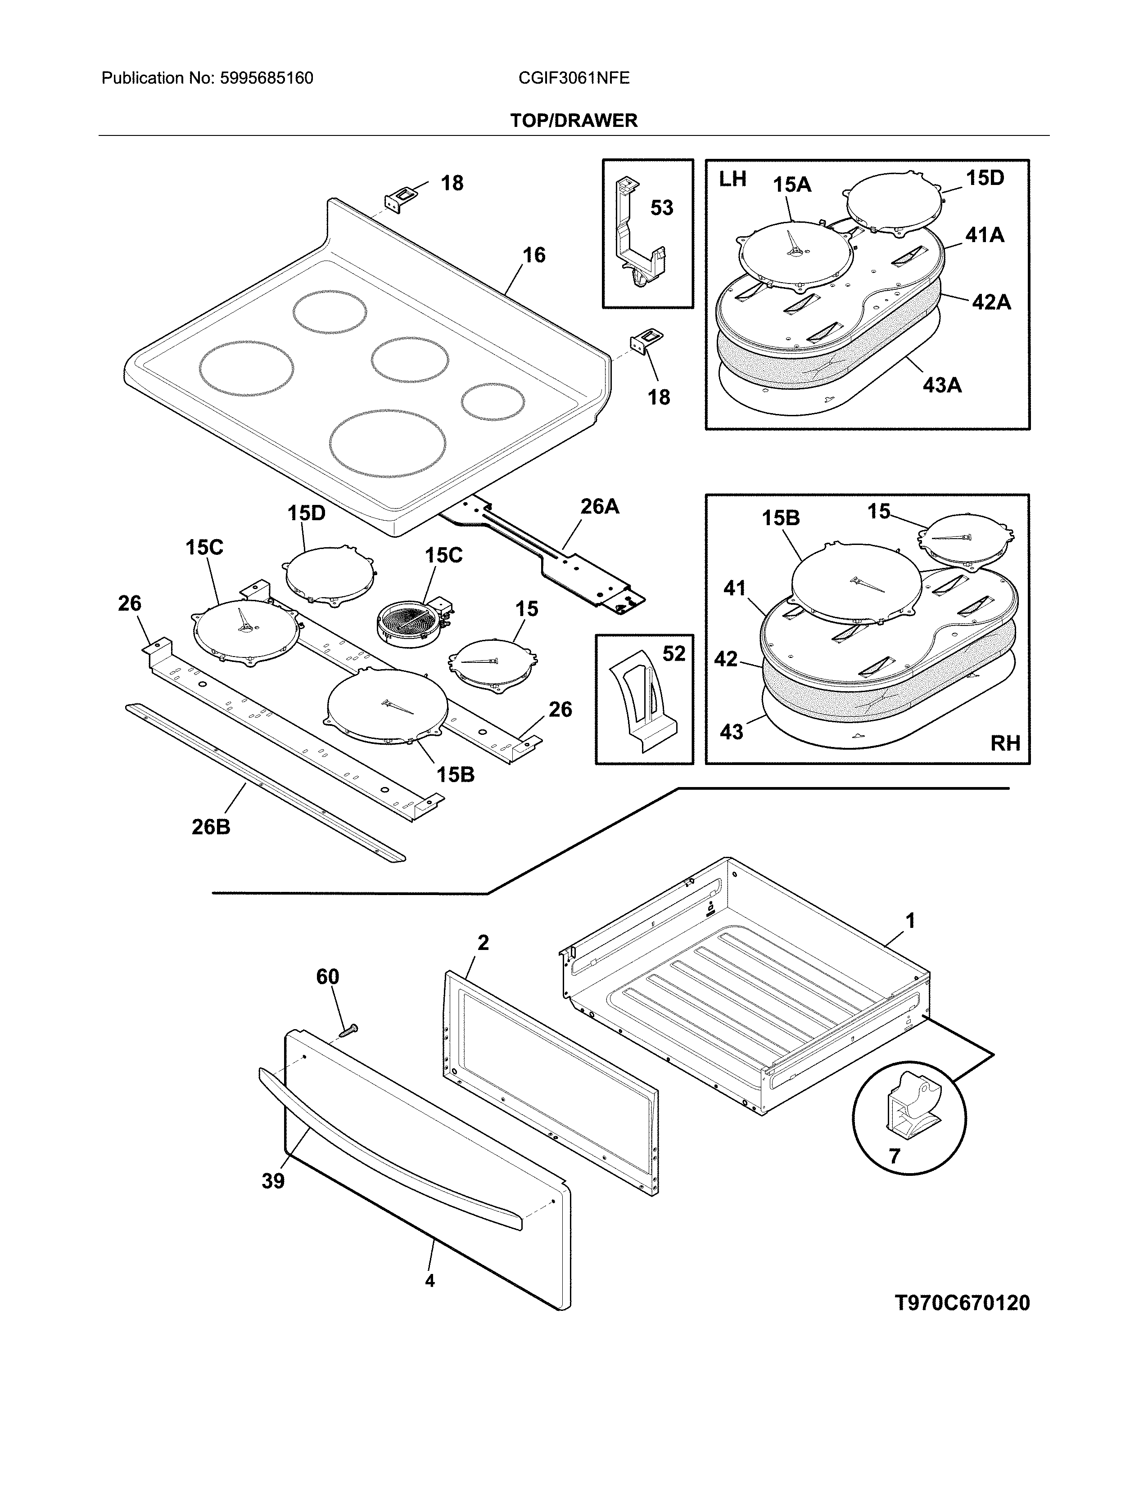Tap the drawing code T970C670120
(x=962, y=1303)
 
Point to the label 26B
(x=211, y=827)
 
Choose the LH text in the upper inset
(x=732, y=180)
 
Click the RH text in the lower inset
(x=1004, y=743)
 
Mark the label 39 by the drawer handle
(x=273, y=1181)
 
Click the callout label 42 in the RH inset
(x=726, y=659)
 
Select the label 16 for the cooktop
(x=534, y=255)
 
